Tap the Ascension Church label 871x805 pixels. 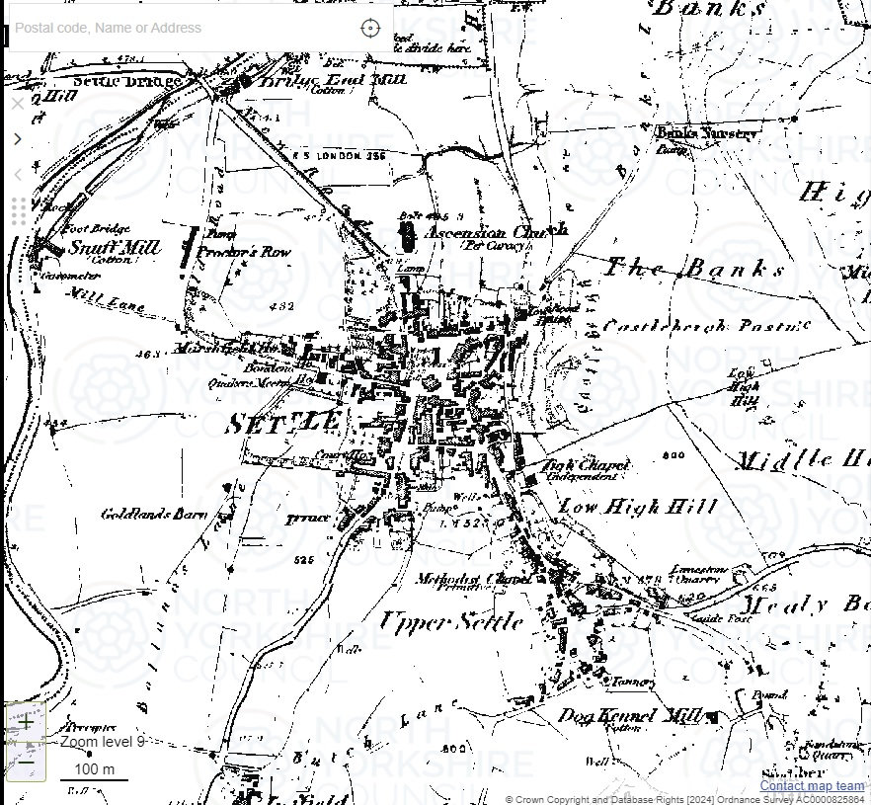[496, 233]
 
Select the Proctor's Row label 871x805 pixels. [244, 253]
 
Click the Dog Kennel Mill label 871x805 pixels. [630, 715]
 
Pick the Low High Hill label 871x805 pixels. [638, 507]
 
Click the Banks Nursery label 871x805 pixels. [707, 133]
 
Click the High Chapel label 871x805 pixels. [586, 465]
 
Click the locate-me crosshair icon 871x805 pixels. [370, 28]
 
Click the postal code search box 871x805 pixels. [178, 28]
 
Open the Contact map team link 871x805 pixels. [812, 786]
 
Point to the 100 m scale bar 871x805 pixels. [95, 771]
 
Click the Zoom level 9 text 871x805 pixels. [102, 741]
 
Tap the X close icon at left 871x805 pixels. [17, 103]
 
